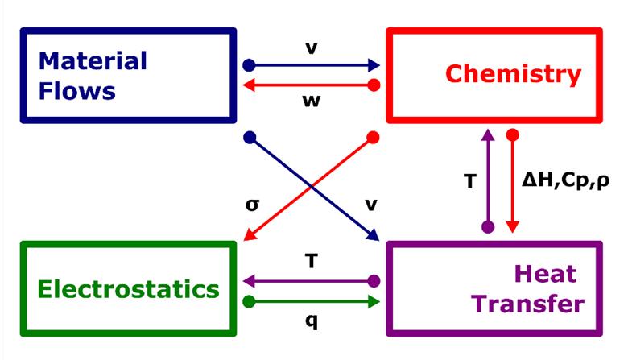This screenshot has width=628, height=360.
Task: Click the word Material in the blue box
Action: click(93, 61)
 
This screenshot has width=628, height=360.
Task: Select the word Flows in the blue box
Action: click(78, 90)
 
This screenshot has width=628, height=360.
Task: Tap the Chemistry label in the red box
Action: click(513, 75)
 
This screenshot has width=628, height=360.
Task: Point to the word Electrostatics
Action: click(129, 289)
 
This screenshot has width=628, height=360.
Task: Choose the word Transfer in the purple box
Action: click(527, 304)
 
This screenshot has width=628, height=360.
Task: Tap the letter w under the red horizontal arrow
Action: click(311, 101)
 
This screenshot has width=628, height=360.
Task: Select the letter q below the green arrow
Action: click(311, 321)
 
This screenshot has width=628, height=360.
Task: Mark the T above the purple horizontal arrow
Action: click(311, 262)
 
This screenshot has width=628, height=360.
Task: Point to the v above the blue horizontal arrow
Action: click(311, 48)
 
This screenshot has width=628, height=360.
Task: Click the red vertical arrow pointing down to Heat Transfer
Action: click(510, 185)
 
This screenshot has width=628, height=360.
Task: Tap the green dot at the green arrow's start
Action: click(250, 302)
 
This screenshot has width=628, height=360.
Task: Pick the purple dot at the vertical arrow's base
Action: click(487, 228)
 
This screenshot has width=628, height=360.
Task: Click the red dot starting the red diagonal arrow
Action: click(373, 138)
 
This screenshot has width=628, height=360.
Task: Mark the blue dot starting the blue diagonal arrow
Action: click(250, 138)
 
